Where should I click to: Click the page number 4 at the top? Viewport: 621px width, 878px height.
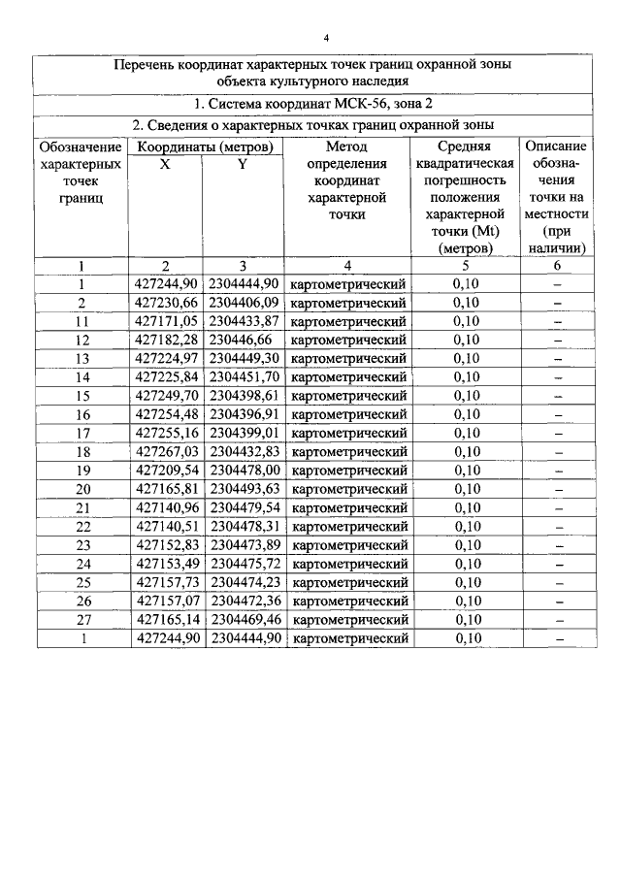tap(326, 38)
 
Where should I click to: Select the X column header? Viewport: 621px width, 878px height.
tap(165, 164)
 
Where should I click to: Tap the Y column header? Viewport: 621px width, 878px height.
tap(244, 164)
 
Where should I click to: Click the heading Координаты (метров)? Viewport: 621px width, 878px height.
tap(204, 146)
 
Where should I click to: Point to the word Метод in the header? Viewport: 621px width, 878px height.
tap(346, 146)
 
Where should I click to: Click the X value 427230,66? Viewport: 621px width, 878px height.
tap(166, 303)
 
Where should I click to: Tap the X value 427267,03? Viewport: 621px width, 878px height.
tap(166, 452)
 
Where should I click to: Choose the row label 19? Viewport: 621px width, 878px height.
tap(82, 471)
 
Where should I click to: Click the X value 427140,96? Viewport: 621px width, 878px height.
tap(166, 507)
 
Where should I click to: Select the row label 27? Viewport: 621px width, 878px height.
tap(82, 620)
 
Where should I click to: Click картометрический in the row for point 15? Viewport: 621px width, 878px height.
tap(347, 396)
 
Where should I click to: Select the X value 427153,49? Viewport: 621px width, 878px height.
tap(166, 564)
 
